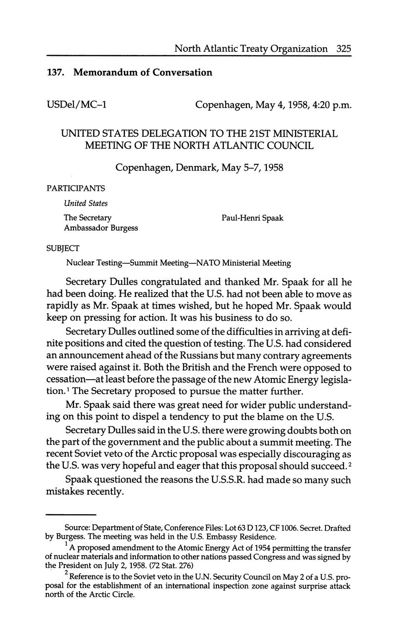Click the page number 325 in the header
pos(344,49)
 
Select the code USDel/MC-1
pos(77,105)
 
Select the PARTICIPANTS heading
pos(76,188)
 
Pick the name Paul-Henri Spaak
pos(252,218)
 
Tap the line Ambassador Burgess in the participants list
pos(100,228)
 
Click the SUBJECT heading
pos(63,248)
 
